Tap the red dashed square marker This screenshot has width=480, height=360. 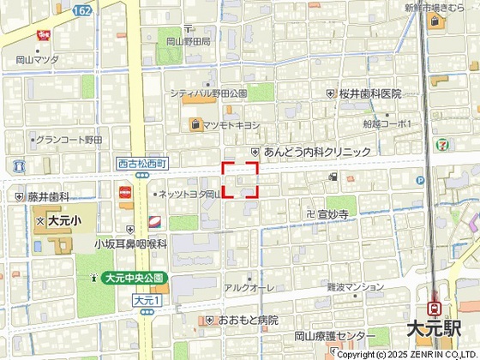241,180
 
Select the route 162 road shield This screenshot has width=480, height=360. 82,9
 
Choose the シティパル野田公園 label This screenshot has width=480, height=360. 208,93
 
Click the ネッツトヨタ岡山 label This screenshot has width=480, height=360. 189,195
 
